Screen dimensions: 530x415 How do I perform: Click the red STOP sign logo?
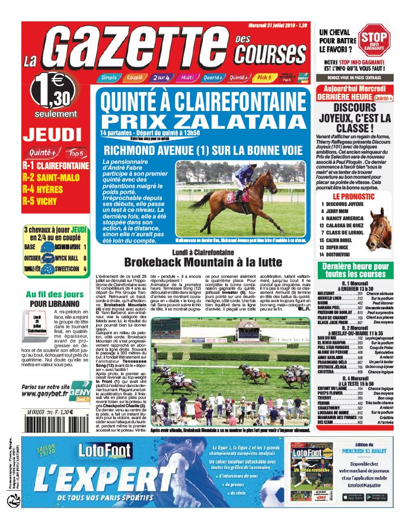click(378, 42)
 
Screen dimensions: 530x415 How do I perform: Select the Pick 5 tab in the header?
click(264, 77)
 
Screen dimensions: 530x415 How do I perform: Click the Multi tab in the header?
click(187, 77)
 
